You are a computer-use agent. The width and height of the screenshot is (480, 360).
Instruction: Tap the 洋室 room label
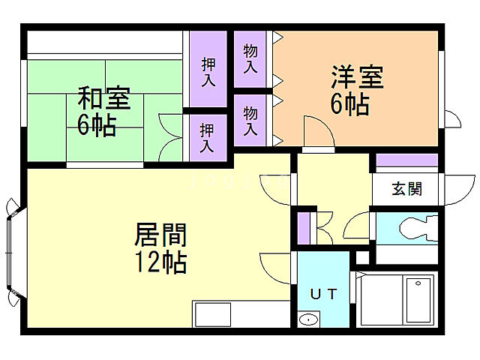coord(357,78)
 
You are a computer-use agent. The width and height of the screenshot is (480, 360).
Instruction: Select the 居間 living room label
coord(160,235)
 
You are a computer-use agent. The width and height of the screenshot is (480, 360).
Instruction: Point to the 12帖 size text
coord(160,263)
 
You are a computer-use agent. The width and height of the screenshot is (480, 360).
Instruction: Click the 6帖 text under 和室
coord(96,124)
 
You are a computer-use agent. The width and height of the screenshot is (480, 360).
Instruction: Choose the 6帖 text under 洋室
coord(349,105)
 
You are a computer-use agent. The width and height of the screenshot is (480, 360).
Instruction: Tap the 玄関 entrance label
coord(406,188)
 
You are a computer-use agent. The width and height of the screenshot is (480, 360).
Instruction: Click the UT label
coord(323,293)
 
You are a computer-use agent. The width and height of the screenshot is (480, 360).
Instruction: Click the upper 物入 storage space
coord(251,58)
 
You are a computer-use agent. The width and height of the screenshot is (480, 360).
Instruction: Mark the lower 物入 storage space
coord(251,121)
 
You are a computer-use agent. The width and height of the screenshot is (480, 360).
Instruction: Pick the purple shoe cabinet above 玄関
coord(406,160)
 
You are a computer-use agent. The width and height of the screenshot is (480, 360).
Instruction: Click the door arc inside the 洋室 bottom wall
coord(318,133)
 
